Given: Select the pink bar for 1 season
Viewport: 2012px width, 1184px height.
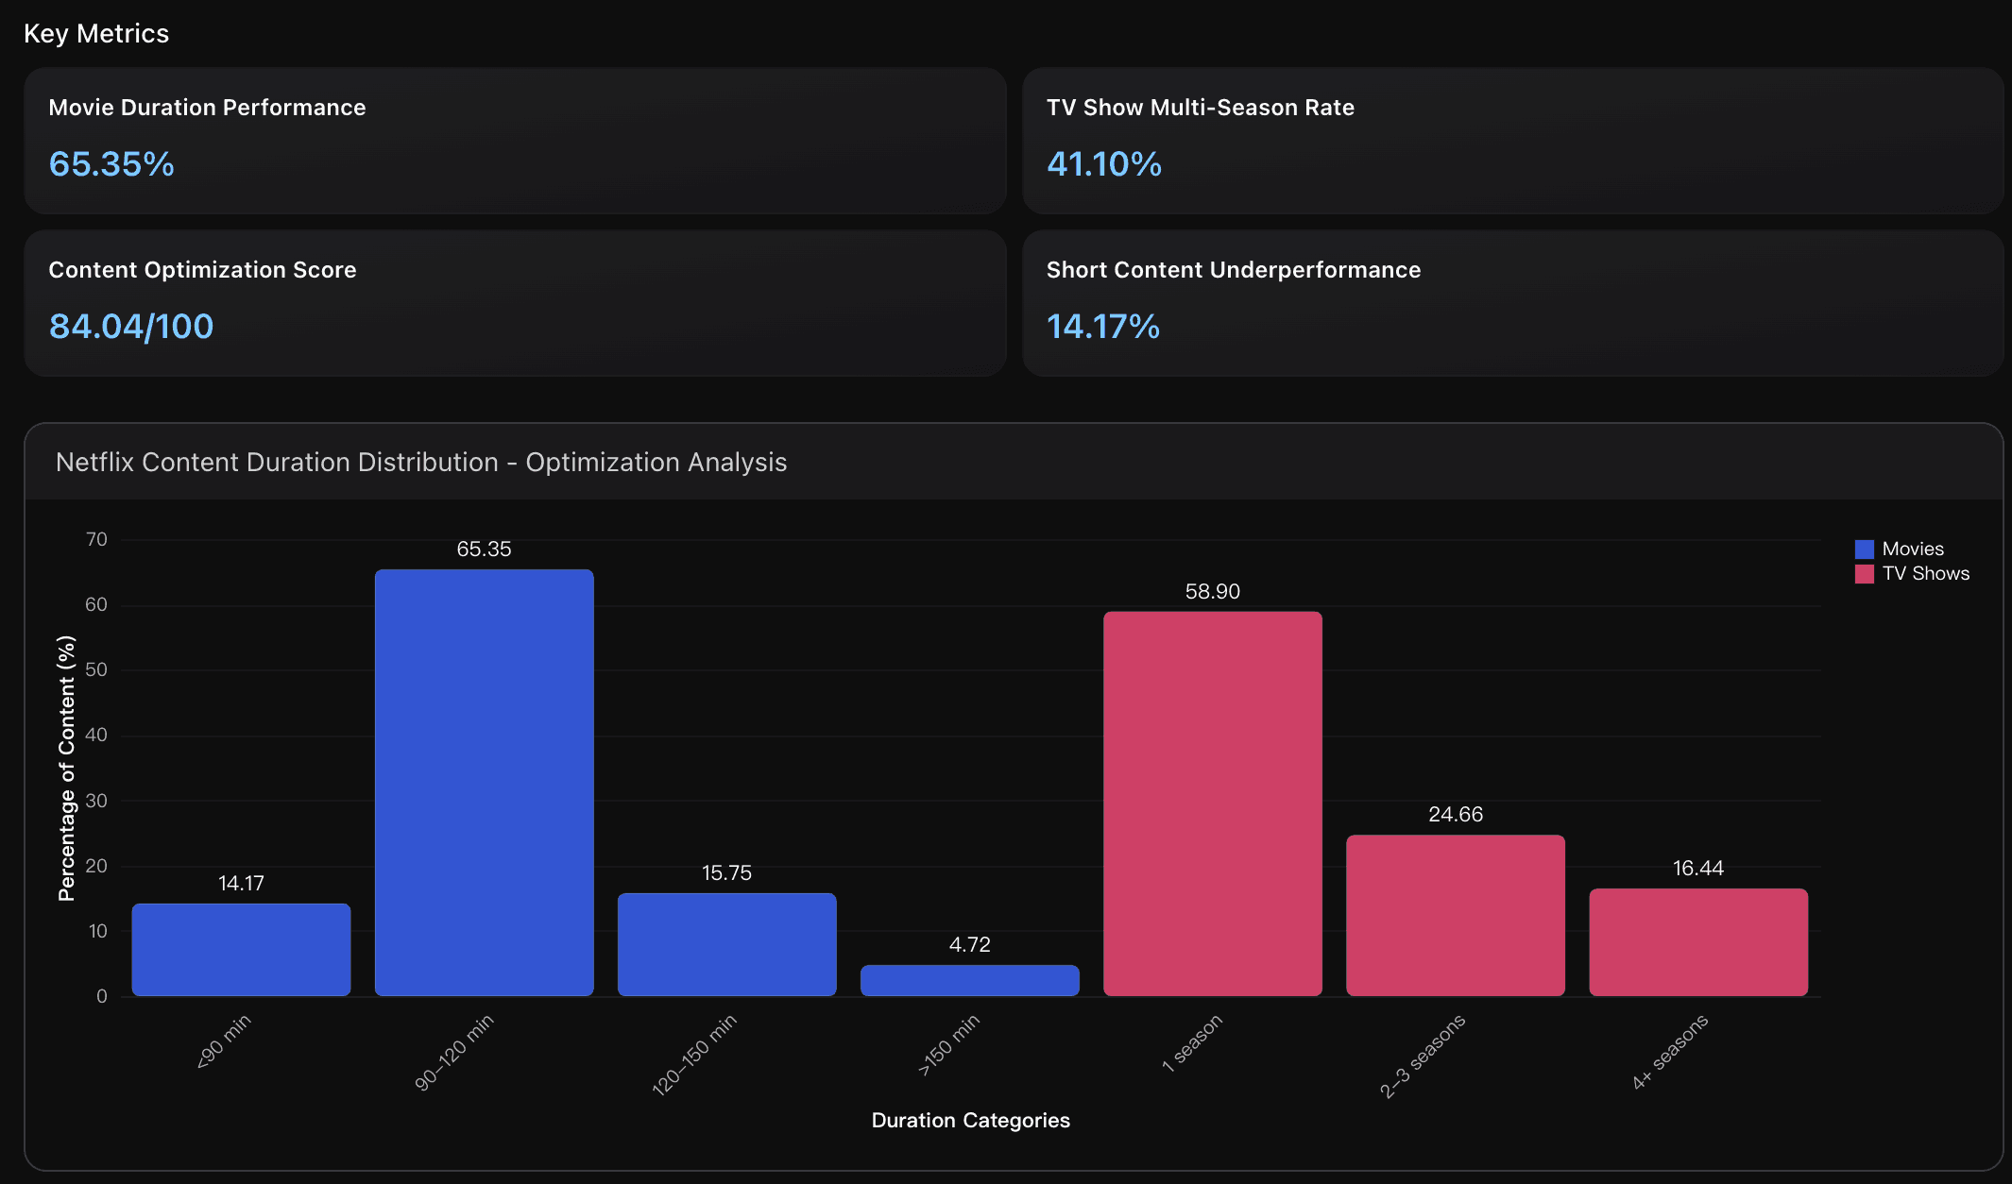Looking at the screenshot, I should (x=1212, y=803).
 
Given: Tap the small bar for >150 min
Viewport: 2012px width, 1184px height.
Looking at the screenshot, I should (x=969, y=980).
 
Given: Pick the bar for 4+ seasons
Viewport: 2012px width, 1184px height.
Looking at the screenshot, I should (x=1697, y=941).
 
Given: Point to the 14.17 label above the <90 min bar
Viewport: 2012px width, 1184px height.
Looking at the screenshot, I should (x=241, y=883).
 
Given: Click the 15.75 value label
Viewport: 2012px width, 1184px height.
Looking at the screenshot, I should (x=726, y=872).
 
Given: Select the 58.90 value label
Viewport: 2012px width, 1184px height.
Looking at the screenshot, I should (x=1212, y=591).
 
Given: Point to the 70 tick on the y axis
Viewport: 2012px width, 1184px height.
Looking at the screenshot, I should (x=96, y=539).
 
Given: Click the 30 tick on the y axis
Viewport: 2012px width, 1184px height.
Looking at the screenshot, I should (x=96, y=800).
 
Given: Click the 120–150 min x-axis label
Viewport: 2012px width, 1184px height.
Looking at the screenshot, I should (x=694, y=1054).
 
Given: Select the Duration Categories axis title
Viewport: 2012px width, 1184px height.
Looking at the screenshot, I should (x=970, y=1120).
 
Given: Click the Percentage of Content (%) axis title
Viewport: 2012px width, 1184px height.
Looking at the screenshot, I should (x=66, y=768).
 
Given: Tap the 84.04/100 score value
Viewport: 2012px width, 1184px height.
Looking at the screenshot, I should (x=131, y=327).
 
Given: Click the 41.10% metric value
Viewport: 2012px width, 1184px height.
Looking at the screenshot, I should (x=1103, y=164).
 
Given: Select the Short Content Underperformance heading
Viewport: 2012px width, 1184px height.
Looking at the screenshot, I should (x=1233, y=270).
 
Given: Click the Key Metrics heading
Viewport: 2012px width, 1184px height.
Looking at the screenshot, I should (x=96, y=34).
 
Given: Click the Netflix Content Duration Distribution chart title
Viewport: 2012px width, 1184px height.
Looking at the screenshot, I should (x=421, y=462).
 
